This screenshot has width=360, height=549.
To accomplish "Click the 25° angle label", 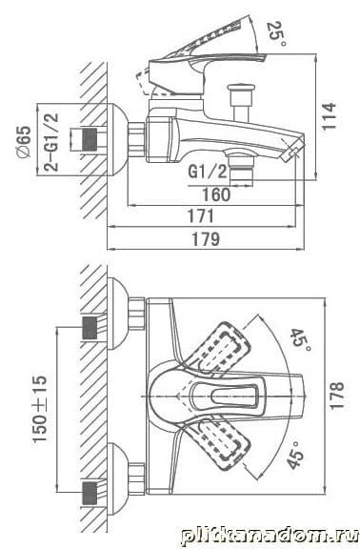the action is point(276,34).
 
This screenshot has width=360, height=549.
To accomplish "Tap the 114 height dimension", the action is point(329,116).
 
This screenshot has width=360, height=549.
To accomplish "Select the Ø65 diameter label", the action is point(25,142).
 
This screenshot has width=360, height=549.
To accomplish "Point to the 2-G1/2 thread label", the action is point(51,141).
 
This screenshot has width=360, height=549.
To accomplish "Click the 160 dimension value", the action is point(216,194).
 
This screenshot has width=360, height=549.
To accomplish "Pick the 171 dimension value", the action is point(200,216).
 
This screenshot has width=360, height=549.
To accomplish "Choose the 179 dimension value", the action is point(206,239).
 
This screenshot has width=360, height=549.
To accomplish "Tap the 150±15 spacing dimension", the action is point(40,409).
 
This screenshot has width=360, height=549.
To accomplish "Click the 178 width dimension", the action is point(337,396).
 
